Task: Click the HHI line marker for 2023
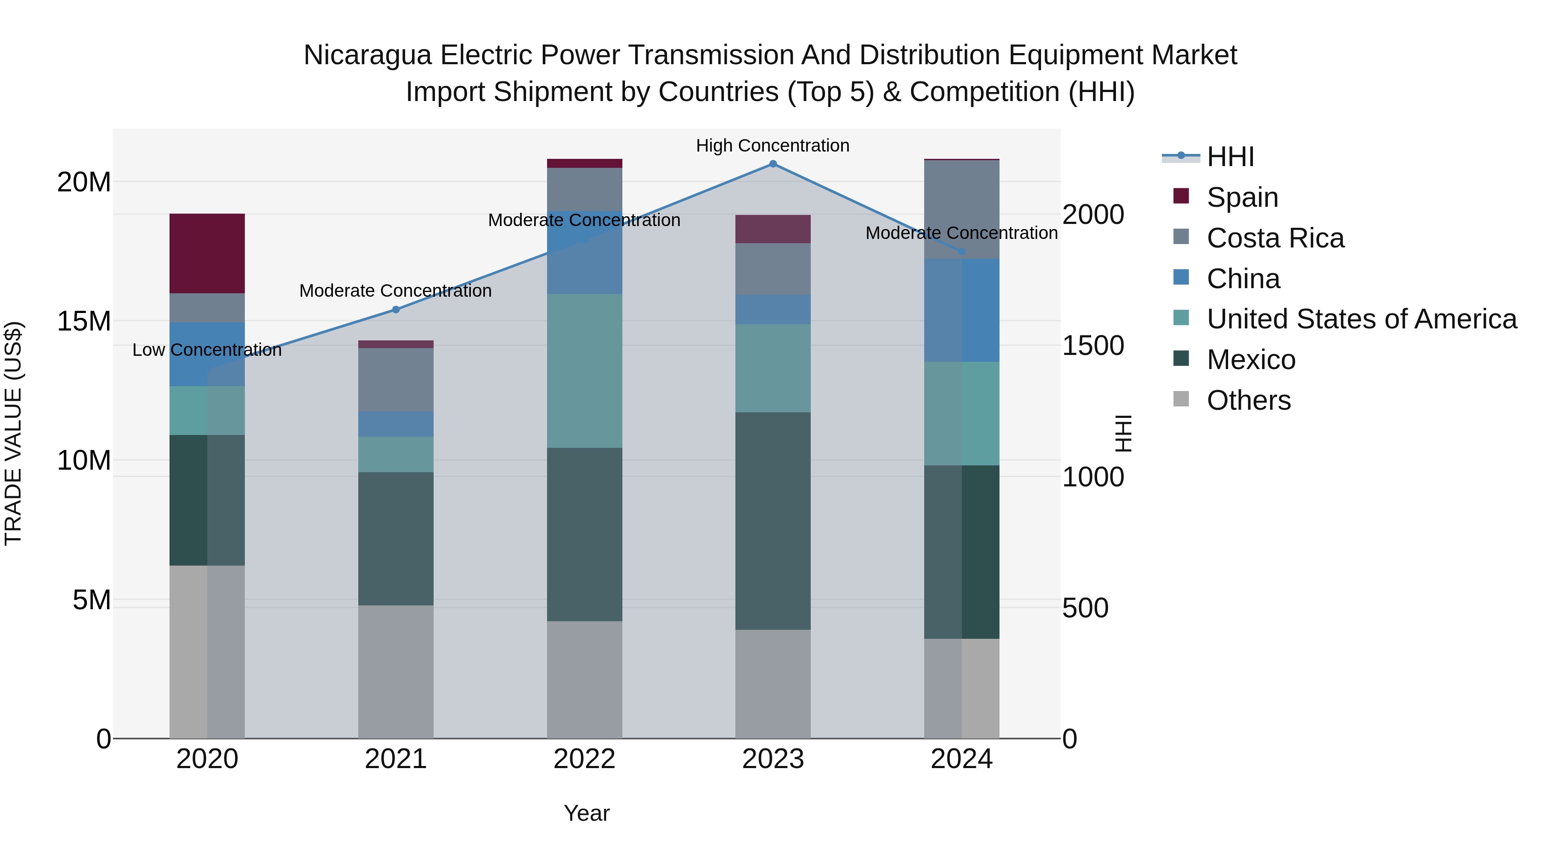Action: pos(773,164)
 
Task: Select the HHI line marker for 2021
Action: pos(396,310)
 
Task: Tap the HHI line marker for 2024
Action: pos(962,251)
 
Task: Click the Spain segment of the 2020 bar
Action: pos(207,253)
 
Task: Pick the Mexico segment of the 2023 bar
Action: pos(773,521)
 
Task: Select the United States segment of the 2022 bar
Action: pos(584,371)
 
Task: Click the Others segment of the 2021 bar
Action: pos(396,671)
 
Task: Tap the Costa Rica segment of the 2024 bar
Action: pos(962,209)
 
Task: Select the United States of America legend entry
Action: pos(1361,319)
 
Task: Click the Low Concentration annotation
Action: pos(207,350)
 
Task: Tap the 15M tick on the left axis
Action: pos(84,321)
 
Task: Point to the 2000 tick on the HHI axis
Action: pos(1093,215)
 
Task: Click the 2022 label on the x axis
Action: pos(584,759)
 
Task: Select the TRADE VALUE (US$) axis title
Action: pos(13,433)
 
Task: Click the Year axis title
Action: pos(586,813)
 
